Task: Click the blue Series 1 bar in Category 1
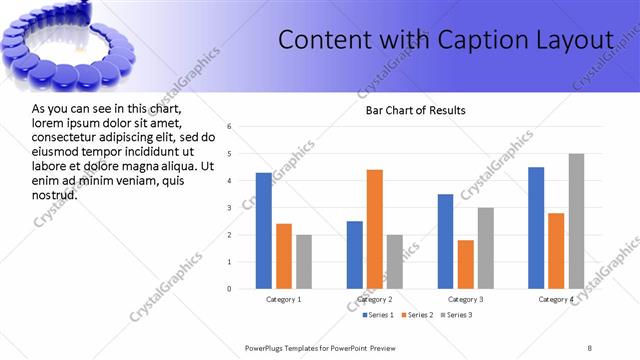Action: tap(264, 231)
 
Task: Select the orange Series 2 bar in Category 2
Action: tap(375, 229)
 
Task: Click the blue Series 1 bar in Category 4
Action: tap(536, 228)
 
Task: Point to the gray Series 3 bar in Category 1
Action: tap(304, 262)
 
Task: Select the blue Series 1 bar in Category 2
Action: tap(355, 255)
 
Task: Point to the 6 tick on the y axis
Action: tap(230, 127)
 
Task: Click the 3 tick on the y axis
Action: tap(230, 208)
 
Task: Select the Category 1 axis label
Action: tap(284, 299)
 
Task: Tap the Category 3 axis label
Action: tap(466, 299)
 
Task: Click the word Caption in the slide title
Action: tap(473, 40)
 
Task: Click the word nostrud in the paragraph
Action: tap(55, 194)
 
